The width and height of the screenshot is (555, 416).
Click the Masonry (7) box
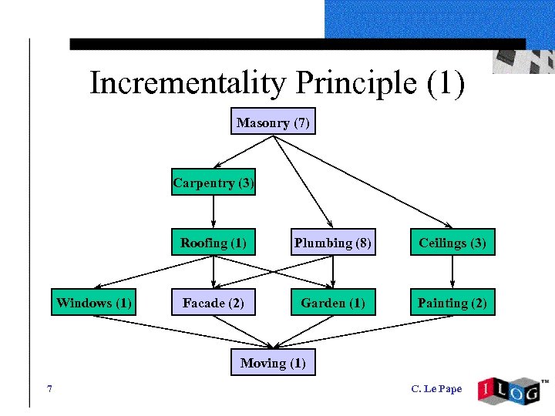pos(273,122)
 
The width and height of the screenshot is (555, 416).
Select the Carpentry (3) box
pos(213,183)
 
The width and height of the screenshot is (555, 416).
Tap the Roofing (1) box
pos(213,243)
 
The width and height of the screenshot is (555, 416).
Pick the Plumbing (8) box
pos(333,243)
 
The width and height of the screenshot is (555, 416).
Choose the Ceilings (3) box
pos(452,243)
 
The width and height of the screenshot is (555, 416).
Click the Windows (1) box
pos(94,303)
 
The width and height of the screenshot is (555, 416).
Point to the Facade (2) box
pos(213,303)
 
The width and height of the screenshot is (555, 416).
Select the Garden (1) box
pos(333,303)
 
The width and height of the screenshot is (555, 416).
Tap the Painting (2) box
pos(452,303)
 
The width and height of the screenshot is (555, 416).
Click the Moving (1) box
pos(273,362)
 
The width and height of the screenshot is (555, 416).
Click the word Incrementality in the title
pos(187,84)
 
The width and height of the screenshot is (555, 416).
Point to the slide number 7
pos(49,389)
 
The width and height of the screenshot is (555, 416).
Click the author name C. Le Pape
pos(436,389)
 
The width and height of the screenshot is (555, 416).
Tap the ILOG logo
pos(510,390)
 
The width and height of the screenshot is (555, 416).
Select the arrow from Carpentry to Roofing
pos(213,212)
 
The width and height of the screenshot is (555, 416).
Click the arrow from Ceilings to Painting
pos(452,272)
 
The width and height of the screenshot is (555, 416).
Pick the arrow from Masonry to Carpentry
pos(243,152)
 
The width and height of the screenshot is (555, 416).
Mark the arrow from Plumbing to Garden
pos(333,272)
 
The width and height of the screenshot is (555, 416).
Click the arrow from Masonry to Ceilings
pos(362,182)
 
